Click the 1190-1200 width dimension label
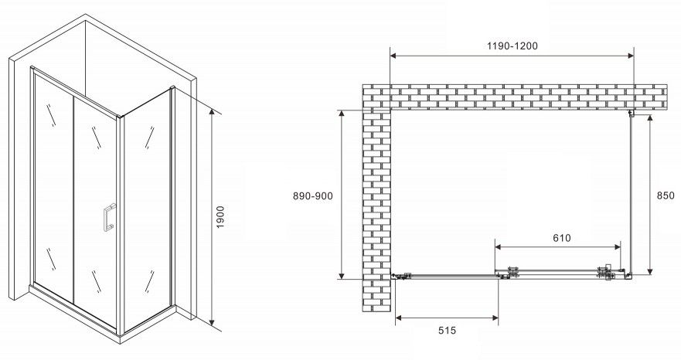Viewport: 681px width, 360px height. tap(512, 46)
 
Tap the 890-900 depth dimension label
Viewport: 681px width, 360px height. tap(313, 196)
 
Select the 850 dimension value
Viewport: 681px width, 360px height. tap(666, 195)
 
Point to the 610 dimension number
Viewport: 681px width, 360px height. tap(562, 238)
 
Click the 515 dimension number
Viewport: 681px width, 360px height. tap(447, 331)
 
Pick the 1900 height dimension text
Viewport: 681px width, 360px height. tap(220, 217)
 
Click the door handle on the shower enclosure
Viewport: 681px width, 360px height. tap(108, 217)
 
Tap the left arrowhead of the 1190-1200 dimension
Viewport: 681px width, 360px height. tap(393, 55)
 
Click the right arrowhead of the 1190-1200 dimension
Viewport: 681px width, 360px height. tap(630, 55)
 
